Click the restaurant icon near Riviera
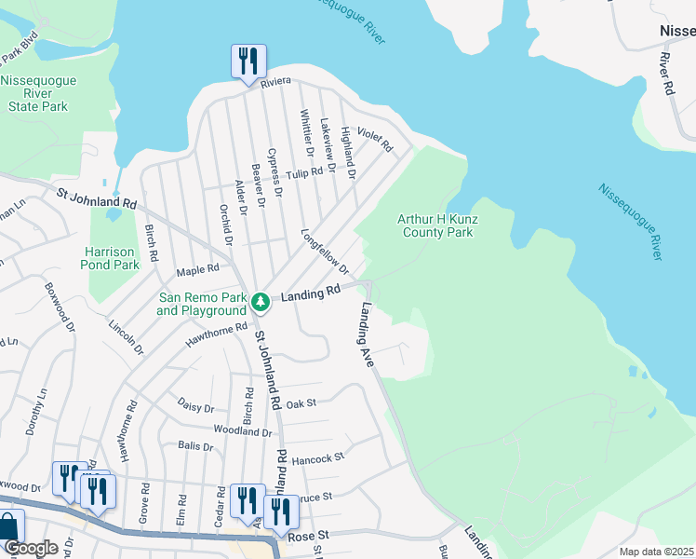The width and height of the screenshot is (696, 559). [248, 62]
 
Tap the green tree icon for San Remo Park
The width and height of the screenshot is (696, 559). [262, 301]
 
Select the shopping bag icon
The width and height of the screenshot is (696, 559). [8, 528]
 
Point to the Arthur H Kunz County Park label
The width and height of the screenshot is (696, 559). [435, 225]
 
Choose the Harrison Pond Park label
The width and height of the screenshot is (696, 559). [112, 258]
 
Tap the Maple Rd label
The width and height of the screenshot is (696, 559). [196, 270]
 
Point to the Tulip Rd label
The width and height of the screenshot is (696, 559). [303, 173]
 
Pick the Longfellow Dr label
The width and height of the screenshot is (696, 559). [324, 252]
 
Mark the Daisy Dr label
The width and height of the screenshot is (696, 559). [195, 408]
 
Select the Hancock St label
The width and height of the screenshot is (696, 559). [317, 457]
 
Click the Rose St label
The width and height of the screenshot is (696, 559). [311, 535]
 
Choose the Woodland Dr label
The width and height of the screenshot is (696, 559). [241, 431]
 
